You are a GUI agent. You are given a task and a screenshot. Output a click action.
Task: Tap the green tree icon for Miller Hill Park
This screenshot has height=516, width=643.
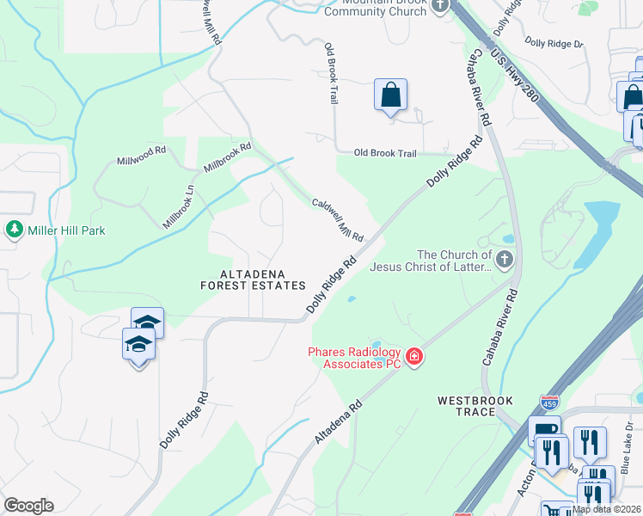pos(14,230)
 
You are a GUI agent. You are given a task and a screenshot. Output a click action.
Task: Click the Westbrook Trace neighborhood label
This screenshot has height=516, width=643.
pos(475,406)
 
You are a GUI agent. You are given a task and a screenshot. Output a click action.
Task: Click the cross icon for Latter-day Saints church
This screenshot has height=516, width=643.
pos(505,258)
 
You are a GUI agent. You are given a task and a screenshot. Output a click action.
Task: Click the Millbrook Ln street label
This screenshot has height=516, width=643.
pos(179,207)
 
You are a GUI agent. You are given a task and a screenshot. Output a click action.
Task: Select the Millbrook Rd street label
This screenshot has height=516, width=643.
pos(227,157)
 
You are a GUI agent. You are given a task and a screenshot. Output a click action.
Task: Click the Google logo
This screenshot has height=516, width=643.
pos(28,506)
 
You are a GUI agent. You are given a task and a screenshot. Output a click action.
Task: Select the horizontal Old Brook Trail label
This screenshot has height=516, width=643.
pos(386,153)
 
